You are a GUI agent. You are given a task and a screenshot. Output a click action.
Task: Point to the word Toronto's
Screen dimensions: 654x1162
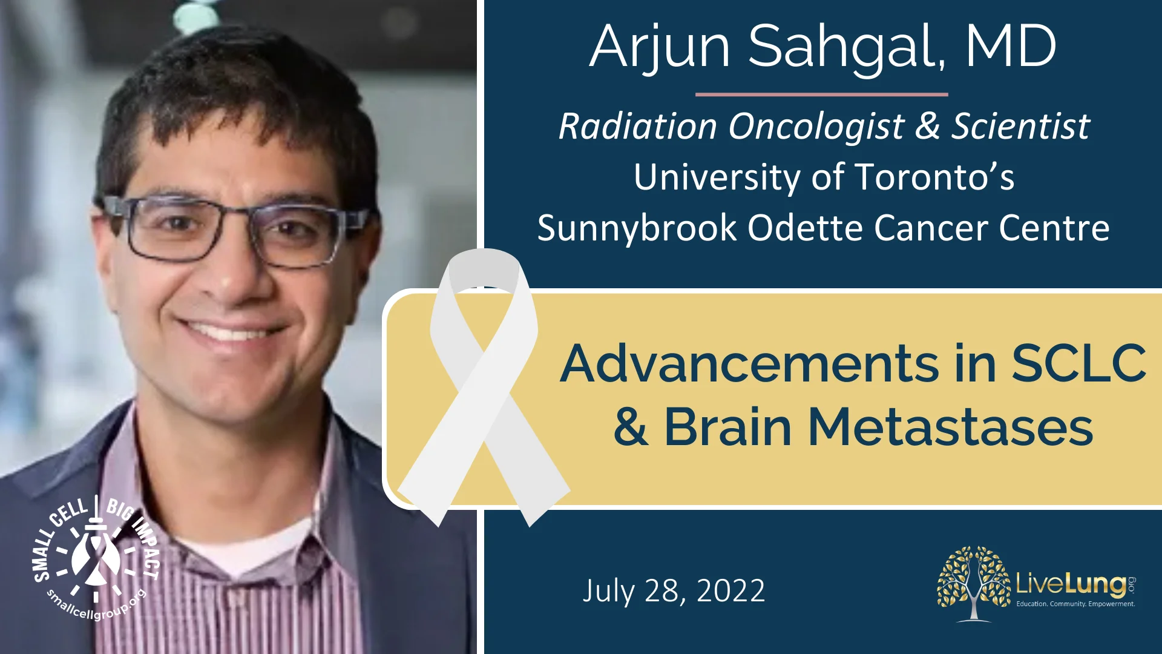pyautogui.click(x=934, y=177)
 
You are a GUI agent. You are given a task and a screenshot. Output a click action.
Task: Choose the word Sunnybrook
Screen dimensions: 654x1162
pyautogui.click(x=637, y=228)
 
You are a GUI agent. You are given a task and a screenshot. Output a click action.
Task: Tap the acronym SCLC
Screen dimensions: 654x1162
pyautogui.click(x=1078, y=364)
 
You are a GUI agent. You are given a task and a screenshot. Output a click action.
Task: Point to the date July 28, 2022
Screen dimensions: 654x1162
pyautogui.click(x=674, y=591)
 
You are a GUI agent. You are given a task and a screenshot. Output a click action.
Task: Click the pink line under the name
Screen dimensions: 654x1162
pyautogui.click(x=821, y=94)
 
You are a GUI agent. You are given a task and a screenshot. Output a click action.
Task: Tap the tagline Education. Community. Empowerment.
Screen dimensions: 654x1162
pyautogui.click(x=1075, y=604)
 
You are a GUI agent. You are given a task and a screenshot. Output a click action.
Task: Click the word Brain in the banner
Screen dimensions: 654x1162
pyautogui.click(x=727, y=428)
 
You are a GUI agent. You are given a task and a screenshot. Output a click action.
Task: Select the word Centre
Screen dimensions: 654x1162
pyautogui.click(x=1054, y=228)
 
